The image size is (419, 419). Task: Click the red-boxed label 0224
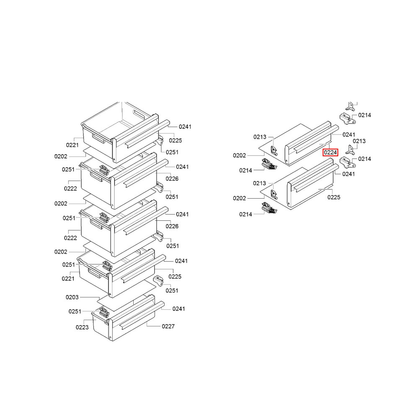[330, 153]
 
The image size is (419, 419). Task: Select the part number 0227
[168, 326]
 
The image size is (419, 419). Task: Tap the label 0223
[82, 327]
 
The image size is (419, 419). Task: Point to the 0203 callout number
[72, 297]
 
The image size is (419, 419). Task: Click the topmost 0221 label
[72, 145]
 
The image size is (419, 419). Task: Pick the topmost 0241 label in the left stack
[185, 127]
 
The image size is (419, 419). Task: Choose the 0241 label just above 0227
[179, 309]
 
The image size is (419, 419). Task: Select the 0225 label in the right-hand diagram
[334, 197]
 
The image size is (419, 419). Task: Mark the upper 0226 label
[172, 178]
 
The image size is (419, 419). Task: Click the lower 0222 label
[70, 238]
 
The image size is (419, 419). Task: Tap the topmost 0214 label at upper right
[365, 115]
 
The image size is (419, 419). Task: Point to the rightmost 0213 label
[359, 141]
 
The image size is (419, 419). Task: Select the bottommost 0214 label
[246, 214]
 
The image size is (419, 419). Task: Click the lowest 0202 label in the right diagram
[239, 198]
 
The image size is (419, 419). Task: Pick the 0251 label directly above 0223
[75, 311]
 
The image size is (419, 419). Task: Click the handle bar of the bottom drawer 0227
[142, 316]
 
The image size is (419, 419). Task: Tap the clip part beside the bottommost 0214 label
[269, 208]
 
